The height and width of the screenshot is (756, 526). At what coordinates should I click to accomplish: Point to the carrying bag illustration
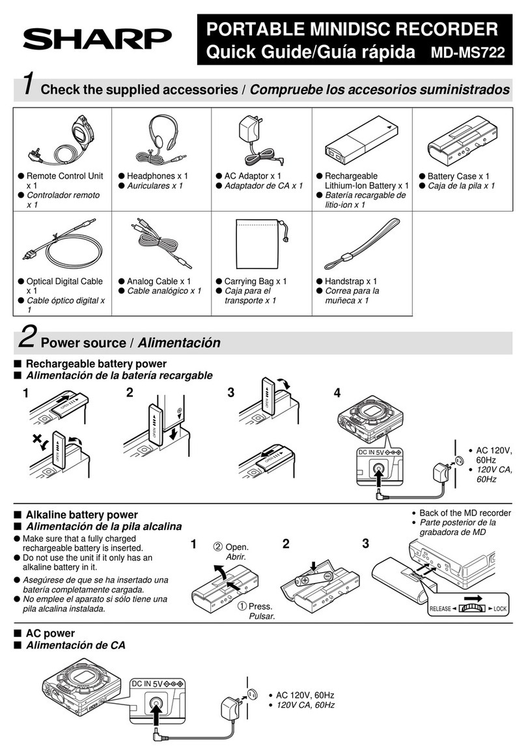(260, 243)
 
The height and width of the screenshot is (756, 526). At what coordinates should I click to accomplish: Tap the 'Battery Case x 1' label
(458, 176)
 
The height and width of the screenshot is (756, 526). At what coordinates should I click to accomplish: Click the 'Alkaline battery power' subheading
(81, 515)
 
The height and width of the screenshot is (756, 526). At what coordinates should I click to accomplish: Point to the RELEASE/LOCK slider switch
(470, 608)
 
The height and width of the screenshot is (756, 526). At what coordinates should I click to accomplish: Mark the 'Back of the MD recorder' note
(465, 513)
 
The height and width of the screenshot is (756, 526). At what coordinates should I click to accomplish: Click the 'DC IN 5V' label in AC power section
(151, 683)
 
